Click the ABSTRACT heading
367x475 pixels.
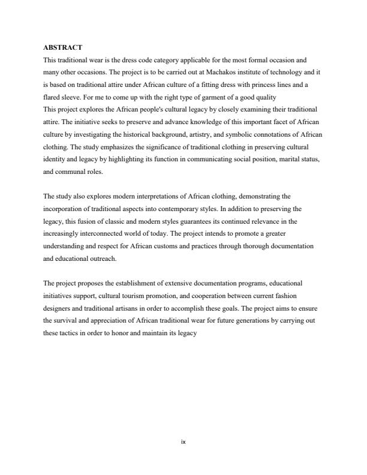[x=63, y=47]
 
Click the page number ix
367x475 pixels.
[x=183, y=443]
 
